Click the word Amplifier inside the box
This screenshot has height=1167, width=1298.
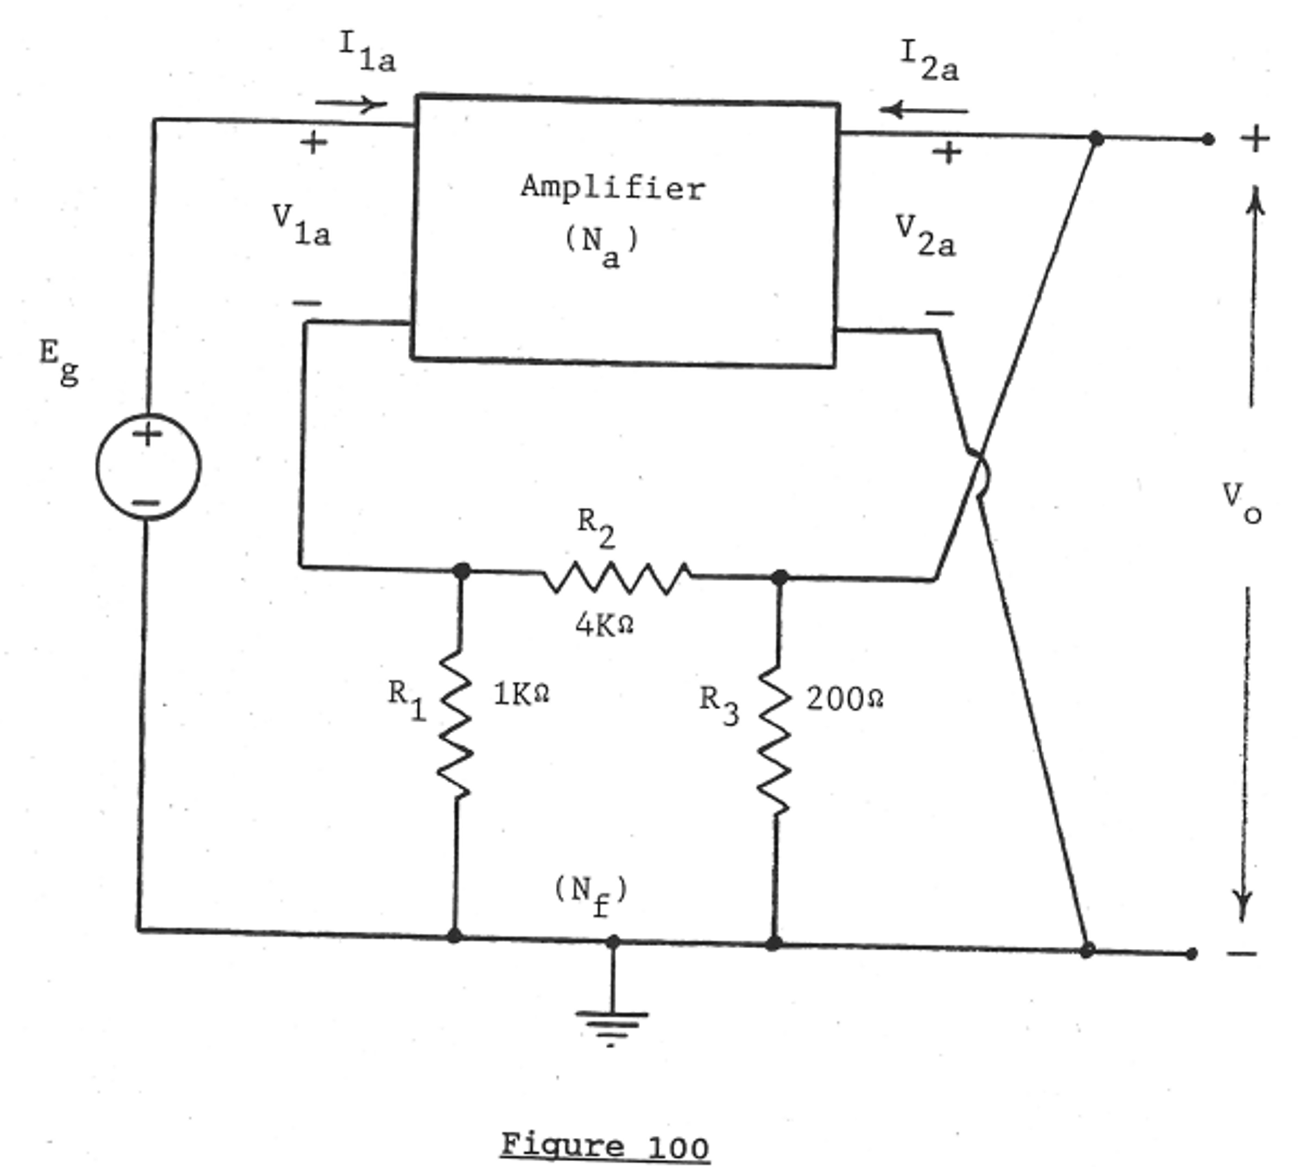[x=613, y=188]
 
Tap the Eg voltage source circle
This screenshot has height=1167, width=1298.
[x=148, y=466]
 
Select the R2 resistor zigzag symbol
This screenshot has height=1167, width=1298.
[x=617, y=577]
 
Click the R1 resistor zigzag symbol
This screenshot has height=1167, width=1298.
[x=456, y=724]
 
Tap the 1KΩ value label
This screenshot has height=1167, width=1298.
[x=521, y=694]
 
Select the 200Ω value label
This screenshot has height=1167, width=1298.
[x=844, y=699]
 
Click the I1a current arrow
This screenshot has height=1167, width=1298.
[x=351, y=104]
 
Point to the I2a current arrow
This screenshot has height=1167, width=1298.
[x=924, y=110]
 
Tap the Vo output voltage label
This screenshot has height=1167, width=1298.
[x=1242, y=503]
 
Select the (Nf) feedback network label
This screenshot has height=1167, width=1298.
[x=591, y=894]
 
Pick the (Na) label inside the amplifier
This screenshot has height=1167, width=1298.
[x=601, y=245]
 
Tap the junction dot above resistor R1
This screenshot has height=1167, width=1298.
[x=461, y=570]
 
